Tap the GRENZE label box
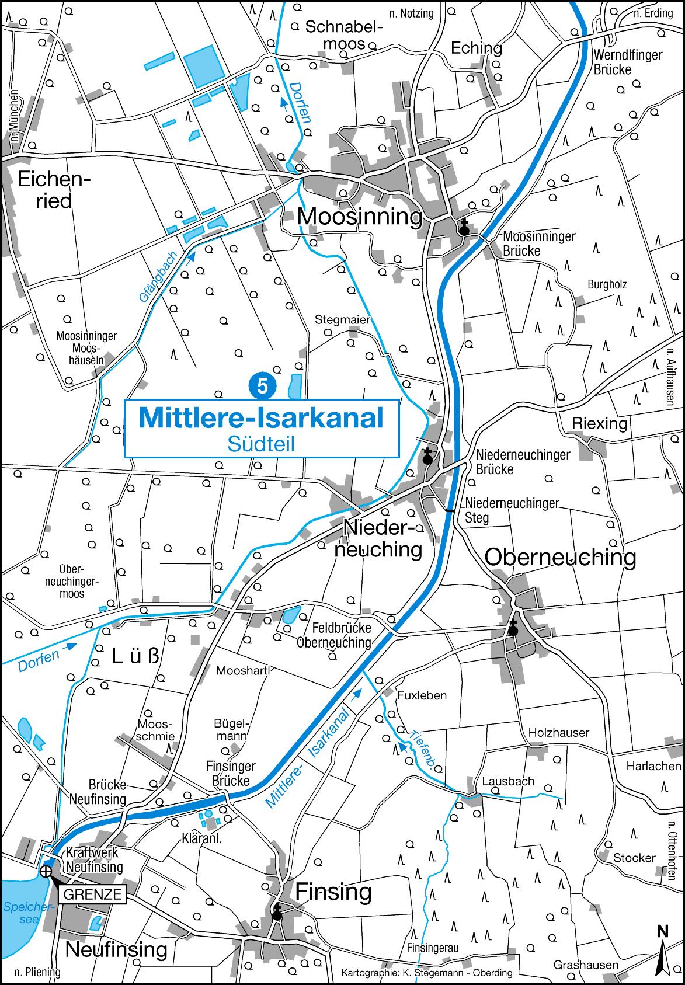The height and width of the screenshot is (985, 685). pyautogui.click(x=92, y=894)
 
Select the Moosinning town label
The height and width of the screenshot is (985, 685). pyautogui.click(x=360, y=217)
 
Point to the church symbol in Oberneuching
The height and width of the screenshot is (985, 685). pyautogui.click(x=513, y=628)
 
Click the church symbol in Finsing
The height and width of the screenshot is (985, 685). pyautogui.click(x=277, y=913)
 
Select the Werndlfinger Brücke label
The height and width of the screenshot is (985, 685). pyautogui.click(x=627, y=62)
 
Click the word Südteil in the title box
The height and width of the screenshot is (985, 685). pyautogui.click(x=261, y=443)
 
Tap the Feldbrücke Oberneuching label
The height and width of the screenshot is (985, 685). pyautogui.click(x=334, y=635)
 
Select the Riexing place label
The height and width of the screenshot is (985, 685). pyautogui.click(x=600, y=423)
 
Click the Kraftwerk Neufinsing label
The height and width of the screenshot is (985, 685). pyautogui.click(x=95, y=859)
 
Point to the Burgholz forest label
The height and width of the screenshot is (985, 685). pyautogui.click(x=607, y=285)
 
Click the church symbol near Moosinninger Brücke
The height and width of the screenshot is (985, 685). pyautogui.click(x=464, y=228)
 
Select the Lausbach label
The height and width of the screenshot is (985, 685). pyautogui.click(x=508, y=781)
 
